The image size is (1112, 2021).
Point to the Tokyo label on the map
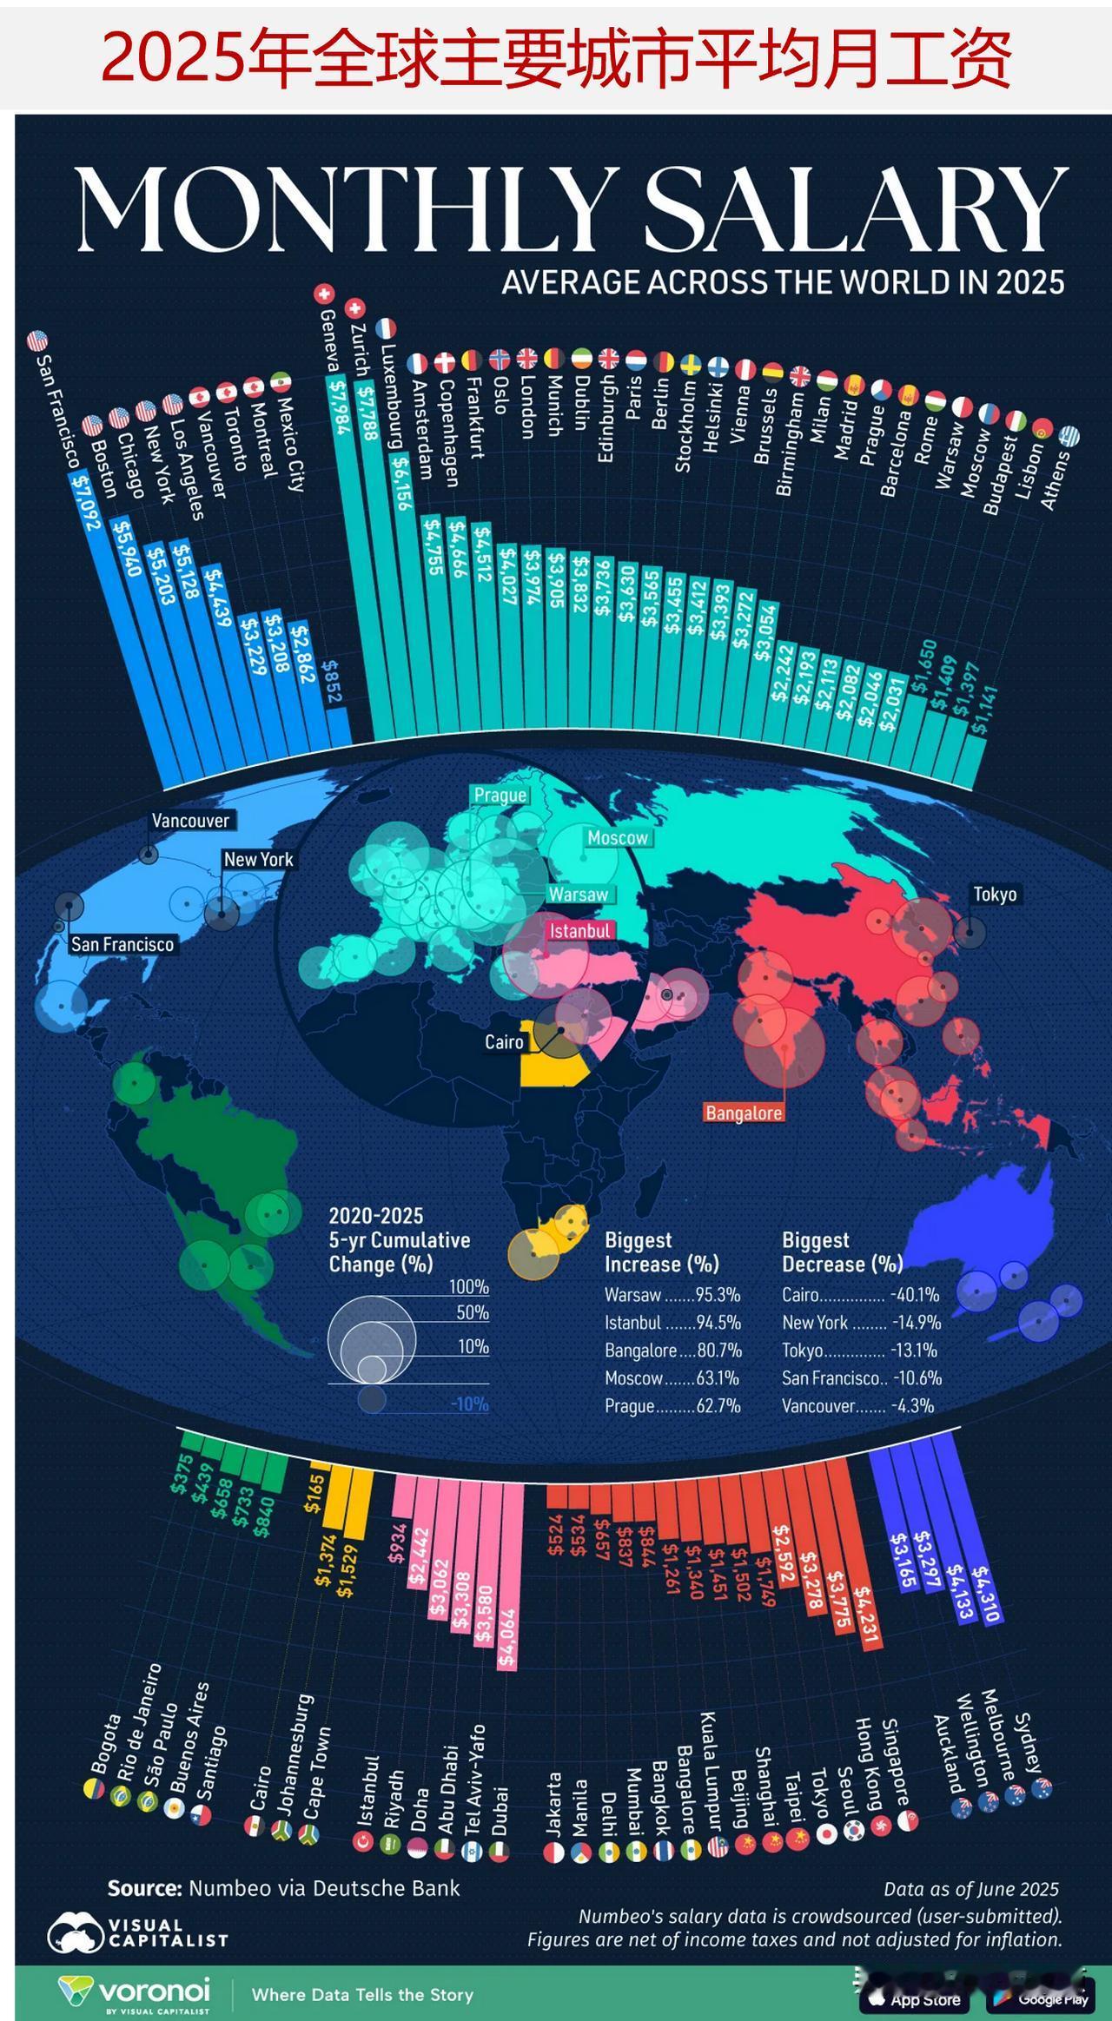995,894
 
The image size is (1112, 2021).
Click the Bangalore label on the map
744,1113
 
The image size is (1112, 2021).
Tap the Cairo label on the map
504,1041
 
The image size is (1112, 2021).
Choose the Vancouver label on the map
190,821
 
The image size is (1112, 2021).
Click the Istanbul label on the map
580,931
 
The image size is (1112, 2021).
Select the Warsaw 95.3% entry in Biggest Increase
672,1295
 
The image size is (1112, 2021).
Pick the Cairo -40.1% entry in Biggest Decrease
860,1295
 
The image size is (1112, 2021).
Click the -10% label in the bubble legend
470,1404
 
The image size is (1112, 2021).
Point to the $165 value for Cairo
316,1493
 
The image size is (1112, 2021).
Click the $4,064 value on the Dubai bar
507,1640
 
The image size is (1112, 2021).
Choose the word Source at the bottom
144,1888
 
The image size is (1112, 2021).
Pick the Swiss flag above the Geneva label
324,294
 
